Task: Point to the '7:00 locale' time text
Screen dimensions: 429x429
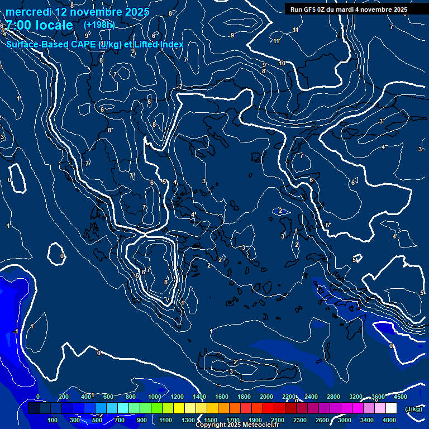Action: (39, 25)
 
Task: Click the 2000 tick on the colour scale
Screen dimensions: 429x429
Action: (266, 397)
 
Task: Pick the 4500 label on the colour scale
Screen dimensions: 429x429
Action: (400, 397)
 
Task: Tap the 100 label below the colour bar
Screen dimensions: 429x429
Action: (53, 420)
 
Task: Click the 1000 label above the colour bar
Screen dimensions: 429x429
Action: (155, 397)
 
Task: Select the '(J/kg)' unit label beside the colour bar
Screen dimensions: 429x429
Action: (413, 409)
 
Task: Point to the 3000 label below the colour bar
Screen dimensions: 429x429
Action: (344, 420)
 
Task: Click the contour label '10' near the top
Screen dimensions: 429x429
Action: (282, 63)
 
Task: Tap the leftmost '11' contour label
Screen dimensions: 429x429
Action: (276, 41)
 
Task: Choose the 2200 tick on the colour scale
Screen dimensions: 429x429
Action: (289, 397)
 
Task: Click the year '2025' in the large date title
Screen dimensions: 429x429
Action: (136, 12)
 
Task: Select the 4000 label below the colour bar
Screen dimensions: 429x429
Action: (389, 420)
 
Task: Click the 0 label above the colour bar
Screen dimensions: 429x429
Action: (38, 397)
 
